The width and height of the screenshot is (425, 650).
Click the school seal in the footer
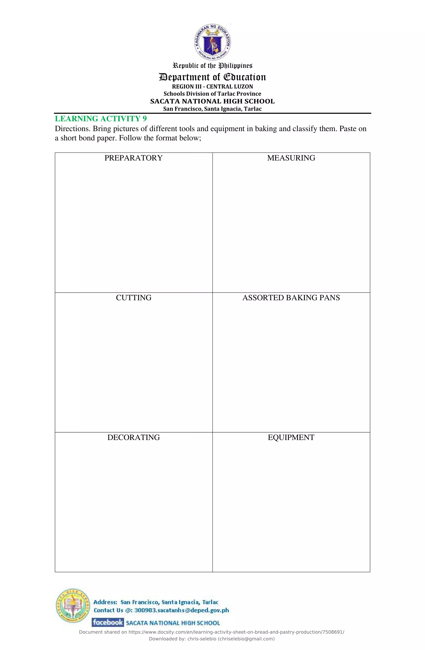click(73, 605)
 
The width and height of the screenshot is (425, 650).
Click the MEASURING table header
click(291, 158)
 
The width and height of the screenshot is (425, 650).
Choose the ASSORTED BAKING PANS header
click(291, 298)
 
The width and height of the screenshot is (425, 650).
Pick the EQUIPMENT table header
click(291, 437)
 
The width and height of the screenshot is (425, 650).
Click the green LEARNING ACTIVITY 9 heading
click(100, 119)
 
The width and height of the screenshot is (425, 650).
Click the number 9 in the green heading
click(144, 119)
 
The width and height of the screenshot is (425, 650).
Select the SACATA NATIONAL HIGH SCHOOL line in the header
click(212, 101)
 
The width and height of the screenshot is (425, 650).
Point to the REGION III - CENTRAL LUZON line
click(212, 87)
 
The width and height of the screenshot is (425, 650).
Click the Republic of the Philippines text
click(212, 66)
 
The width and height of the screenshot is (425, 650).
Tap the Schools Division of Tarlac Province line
click(212, 94)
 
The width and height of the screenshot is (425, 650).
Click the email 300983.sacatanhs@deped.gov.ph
click(181, 610)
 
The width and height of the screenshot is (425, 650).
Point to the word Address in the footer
click(105, 602)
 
